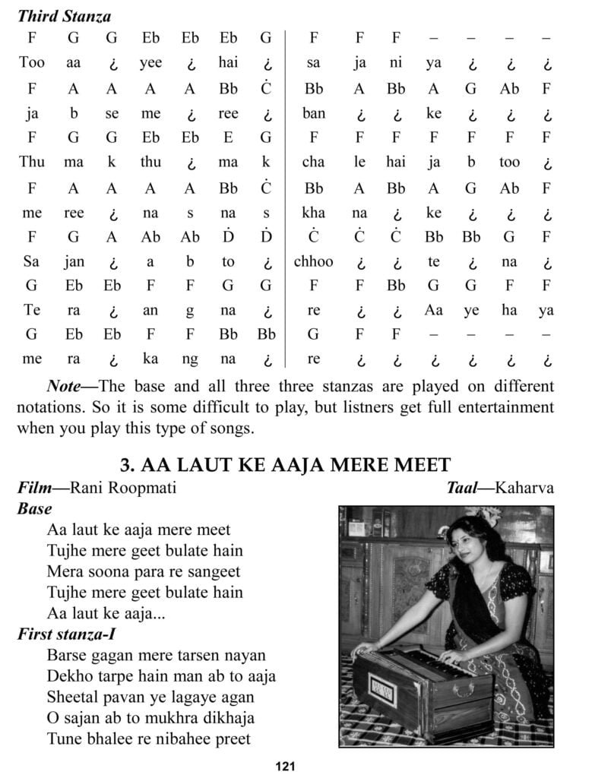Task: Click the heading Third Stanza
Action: click(64, 15)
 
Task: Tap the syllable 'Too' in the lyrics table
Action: click(32, 63)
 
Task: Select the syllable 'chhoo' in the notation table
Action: click(313, 261)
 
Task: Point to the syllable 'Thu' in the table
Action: click(32, 163)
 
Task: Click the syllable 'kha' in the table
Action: click(313, 212)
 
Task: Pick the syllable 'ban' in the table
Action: click(313, 113)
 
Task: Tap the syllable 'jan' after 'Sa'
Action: click(74, 261)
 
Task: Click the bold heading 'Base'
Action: click(34, 508)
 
